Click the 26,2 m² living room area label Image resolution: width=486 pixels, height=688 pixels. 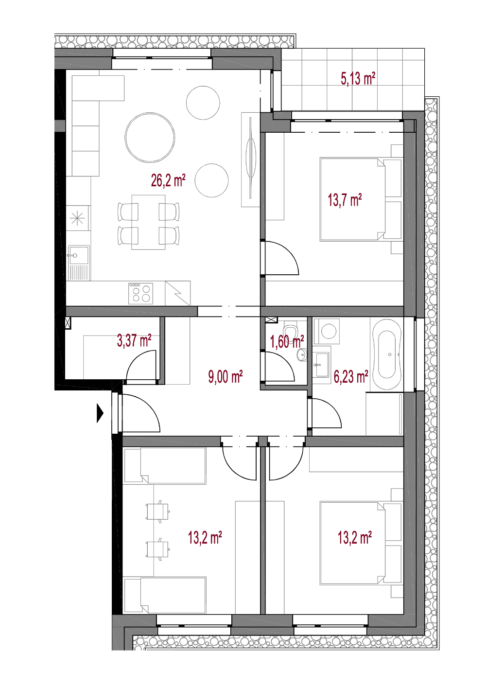[168, 180]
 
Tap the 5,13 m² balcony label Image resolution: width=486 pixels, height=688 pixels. [358, 78]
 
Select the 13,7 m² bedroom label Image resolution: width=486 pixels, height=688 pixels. [345, 200]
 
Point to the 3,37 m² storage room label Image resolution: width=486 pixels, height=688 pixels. [134, 341]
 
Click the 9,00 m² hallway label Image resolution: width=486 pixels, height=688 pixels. [226, 377]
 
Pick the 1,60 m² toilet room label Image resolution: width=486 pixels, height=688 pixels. [287, 342]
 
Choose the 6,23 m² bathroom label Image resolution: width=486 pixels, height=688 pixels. [351, 377]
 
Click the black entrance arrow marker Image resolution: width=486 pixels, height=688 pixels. [100, 413]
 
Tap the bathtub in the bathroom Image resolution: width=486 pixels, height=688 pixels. [387, 354]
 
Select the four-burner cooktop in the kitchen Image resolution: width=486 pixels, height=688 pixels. [140, 293]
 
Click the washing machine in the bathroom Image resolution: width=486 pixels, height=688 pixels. [329, 332]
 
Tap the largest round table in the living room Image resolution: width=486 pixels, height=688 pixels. [150, 137]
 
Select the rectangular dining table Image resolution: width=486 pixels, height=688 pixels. [148, 222]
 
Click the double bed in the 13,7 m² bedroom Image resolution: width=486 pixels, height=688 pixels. [352, 199]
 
